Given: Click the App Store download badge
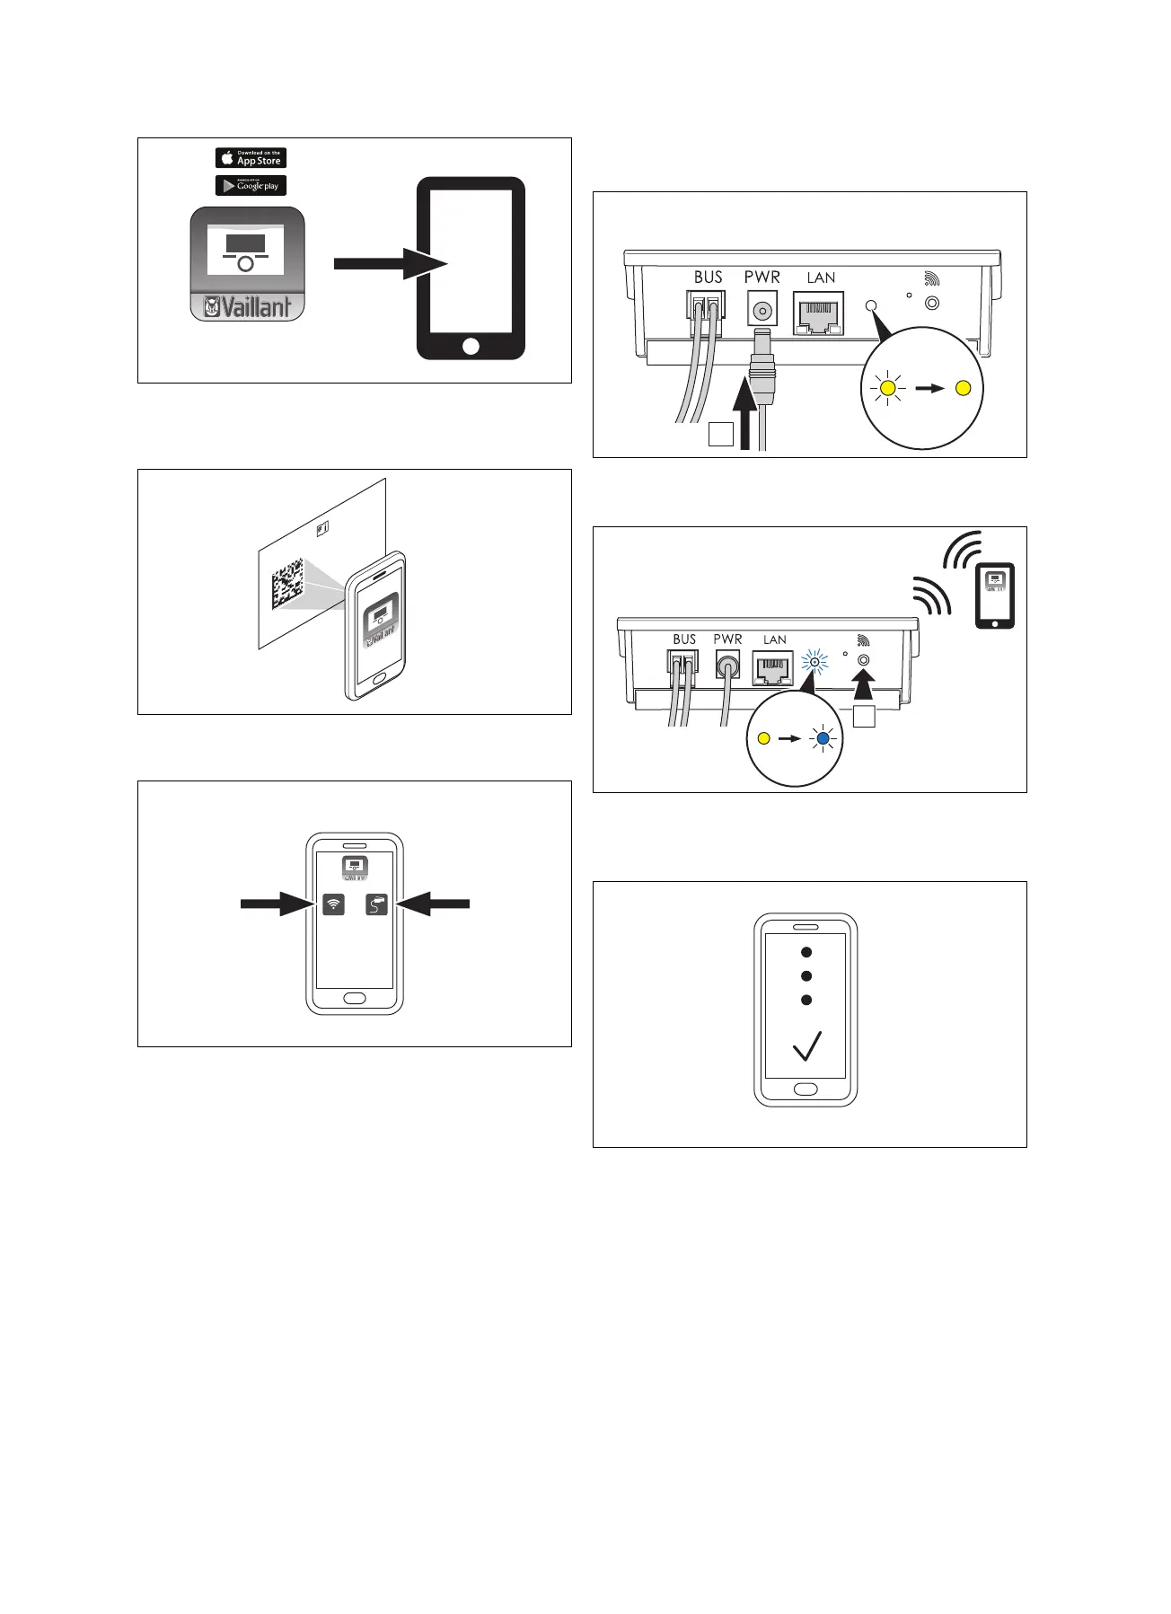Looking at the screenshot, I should click(251, 158).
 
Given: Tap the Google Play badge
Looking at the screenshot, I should click(251, 186).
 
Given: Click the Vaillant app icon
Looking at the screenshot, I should click(247, 264).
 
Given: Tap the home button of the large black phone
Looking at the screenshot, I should click(471, 346).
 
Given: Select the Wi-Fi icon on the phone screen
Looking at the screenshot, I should click(333, 904).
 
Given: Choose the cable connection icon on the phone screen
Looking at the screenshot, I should click(377, 904).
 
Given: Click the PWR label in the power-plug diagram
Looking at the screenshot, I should click(762, 278).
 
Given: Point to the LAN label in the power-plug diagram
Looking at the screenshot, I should click(821, 278).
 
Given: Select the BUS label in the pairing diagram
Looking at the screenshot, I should click(684, 639).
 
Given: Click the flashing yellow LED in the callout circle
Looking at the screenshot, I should click(888, 388).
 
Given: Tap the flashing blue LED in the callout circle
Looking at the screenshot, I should click(823, 739).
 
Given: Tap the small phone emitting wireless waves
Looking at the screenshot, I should click(995, 595).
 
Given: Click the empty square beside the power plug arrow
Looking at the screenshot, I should click(720, 435).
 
